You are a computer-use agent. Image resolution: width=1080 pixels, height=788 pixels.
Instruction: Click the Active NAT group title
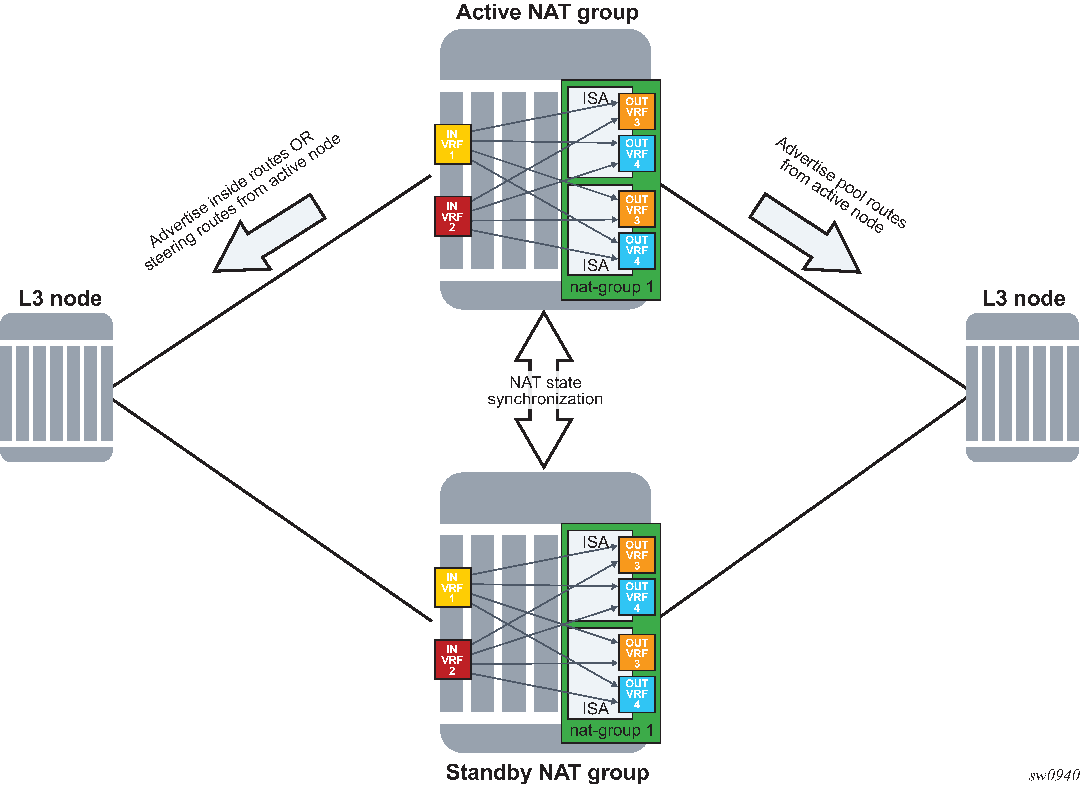[x=547, y=12]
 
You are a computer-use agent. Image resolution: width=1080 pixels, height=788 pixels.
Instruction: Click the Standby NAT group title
[x=547, y=772]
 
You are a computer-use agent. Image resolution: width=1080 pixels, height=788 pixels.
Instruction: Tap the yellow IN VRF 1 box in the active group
[x=452, y=144]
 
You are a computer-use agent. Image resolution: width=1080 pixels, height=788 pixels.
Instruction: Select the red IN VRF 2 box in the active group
[x=452, y=216]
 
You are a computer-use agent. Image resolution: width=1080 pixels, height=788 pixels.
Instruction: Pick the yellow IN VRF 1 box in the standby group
[x=452, y=588]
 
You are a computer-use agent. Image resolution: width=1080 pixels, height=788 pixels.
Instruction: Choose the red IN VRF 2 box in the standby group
[x=452, y=660]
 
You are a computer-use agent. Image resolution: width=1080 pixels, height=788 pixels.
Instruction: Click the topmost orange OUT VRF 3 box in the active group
[x=636, y=112]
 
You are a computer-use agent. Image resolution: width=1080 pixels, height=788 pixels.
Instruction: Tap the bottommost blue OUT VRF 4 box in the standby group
[x=636, y=694]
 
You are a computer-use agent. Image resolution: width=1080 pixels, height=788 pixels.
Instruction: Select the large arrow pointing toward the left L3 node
[x=267, y=236]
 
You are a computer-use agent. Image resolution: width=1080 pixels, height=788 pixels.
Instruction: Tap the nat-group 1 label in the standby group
[x=611, y=731]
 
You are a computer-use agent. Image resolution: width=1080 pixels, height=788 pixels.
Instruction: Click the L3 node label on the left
[x=60, y=298]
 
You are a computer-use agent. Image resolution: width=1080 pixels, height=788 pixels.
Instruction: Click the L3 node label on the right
[x=1023, y=298]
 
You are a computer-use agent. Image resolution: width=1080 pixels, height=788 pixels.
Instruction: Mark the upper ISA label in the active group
[x=595, y=99]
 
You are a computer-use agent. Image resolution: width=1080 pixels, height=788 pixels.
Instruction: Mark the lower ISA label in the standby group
[x=595, y=709]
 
